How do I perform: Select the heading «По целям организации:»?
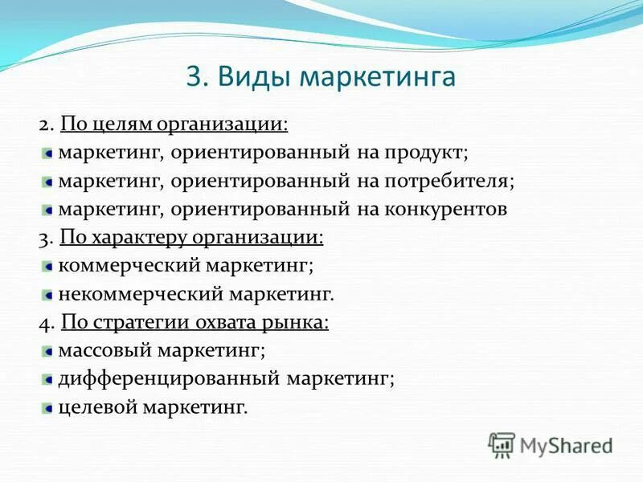tap(174, 124)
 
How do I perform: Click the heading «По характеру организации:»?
tap(192, 237)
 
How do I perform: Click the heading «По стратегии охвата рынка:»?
tap(195, 322)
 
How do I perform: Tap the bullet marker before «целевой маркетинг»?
tap(49, 408)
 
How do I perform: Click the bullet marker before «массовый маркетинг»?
tap(49, 351)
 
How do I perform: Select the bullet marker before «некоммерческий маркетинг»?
tap(49, 295)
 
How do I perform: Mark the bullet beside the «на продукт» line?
tap(49, 153)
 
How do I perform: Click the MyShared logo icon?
tap(502, 444)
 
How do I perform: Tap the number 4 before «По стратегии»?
tap(43, 323)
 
